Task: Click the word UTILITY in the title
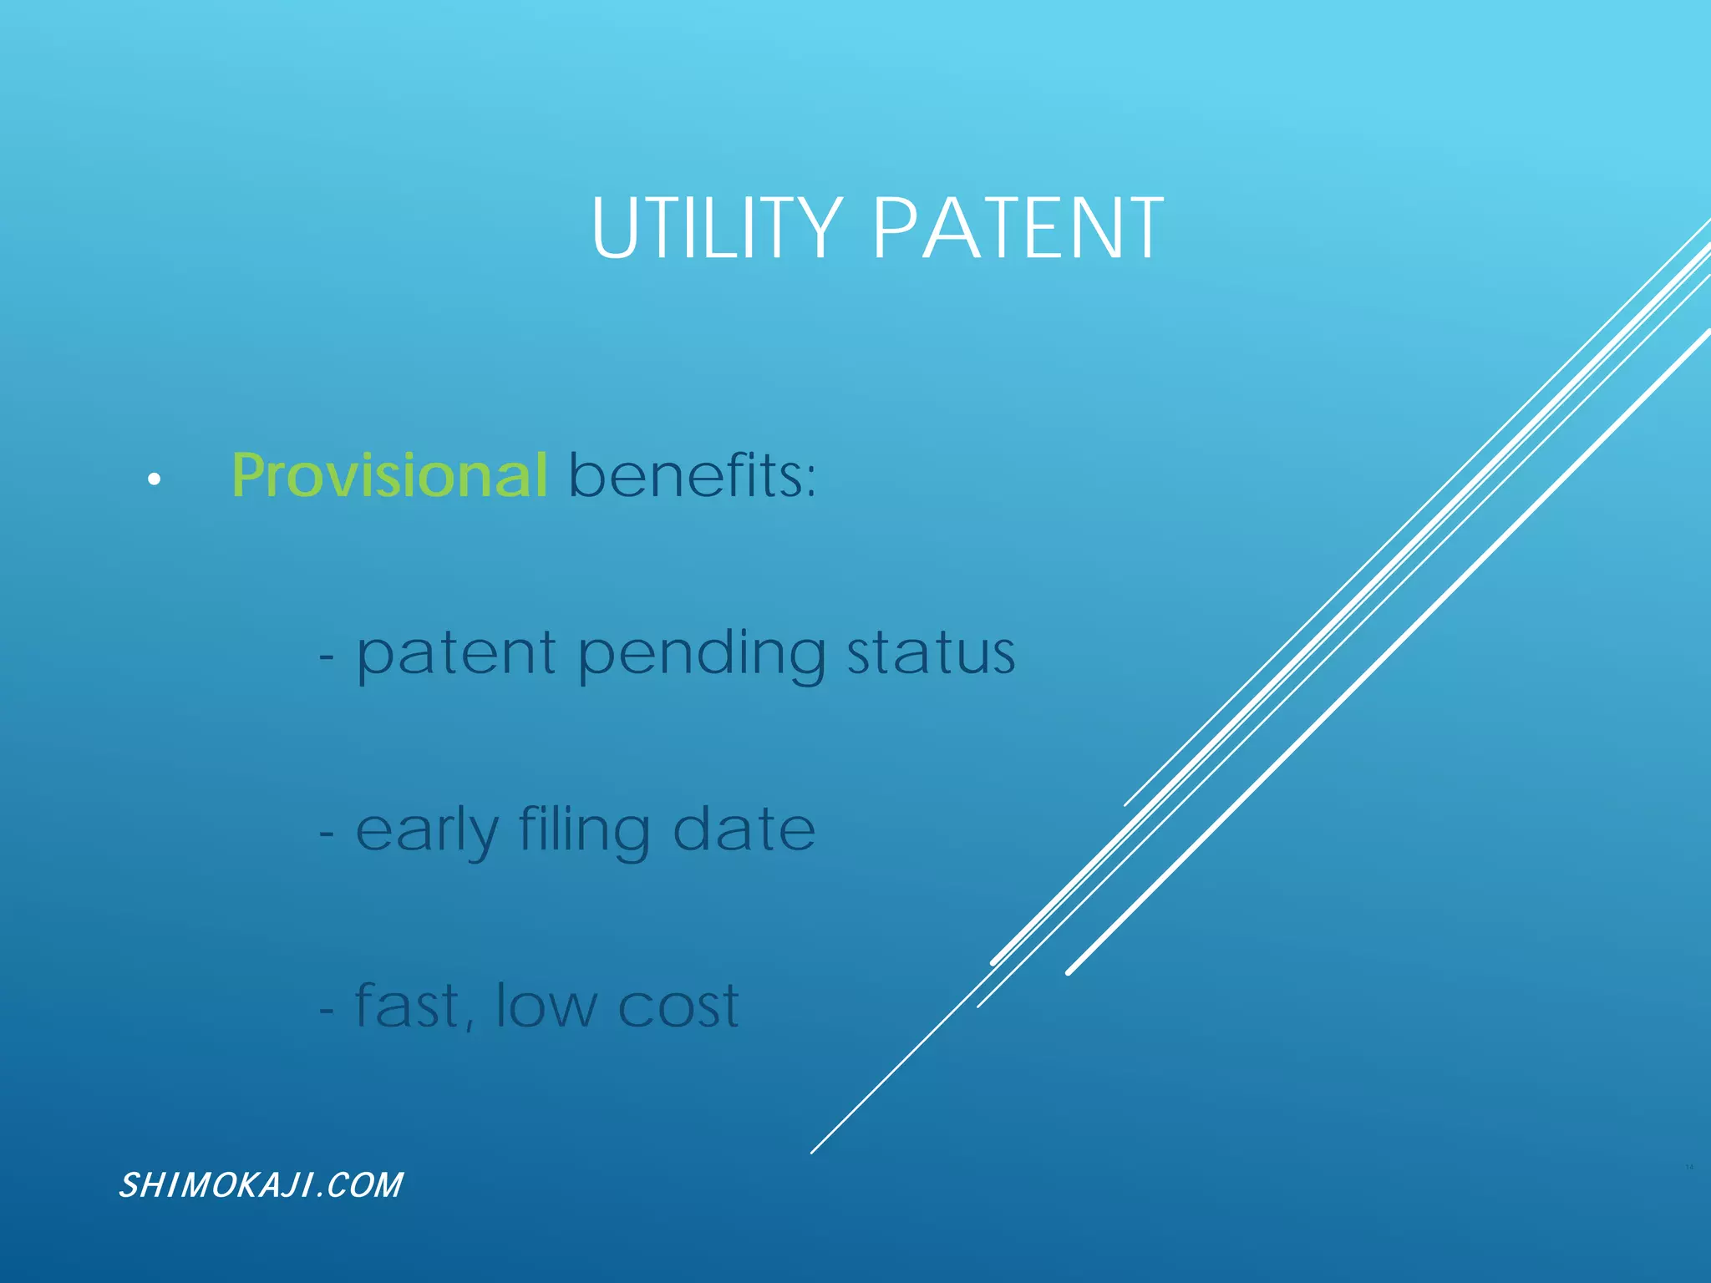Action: pos(716,228)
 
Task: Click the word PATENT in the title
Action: pos(1018,228)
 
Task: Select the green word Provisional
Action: pos(389,475)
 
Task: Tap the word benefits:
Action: pos(692,475)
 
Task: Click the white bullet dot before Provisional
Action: pos(154,479)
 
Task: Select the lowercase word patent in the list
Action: pos(456,656)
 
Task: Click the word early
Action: pos(427,832)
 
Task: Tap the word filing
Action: pos(584,832)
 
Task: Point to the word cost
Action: pos(678,1007)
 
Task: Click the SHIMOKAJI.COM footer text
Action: pos(261,1185)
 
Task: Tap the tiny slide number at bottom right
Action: pos(1688,1167)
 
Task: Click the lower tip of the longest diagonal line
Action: pos(813,1152)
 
